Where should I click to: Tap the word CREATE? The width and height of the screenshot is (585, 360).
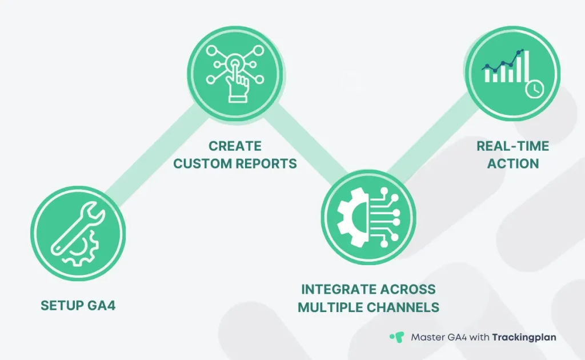235,146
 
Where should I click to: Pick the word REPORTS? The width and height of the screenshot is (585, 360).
266,163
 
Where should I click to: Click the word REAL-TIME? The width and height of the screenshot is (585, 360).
512,146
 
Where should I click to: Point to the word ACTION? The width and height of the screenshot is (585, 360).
512,163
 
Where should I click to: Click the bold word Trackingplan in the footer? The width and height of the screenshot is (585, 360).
524,337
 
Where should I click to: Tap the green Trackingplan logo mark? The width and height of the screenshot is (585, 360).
396,337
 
